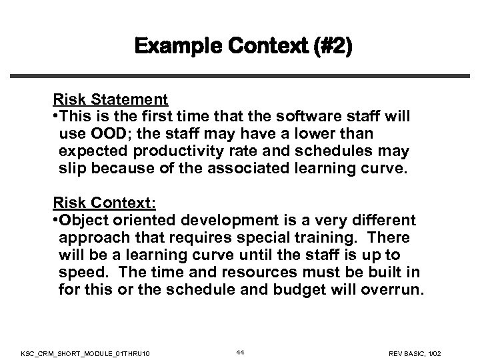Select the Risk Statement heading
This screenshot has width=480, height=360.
pos(110,100)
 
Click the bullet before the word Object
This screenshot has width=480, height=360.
pos(56,220)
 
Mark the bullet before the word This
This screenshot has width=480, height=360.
pos(56,117)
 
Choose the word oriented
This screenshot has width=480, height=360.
pos(139,219)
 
